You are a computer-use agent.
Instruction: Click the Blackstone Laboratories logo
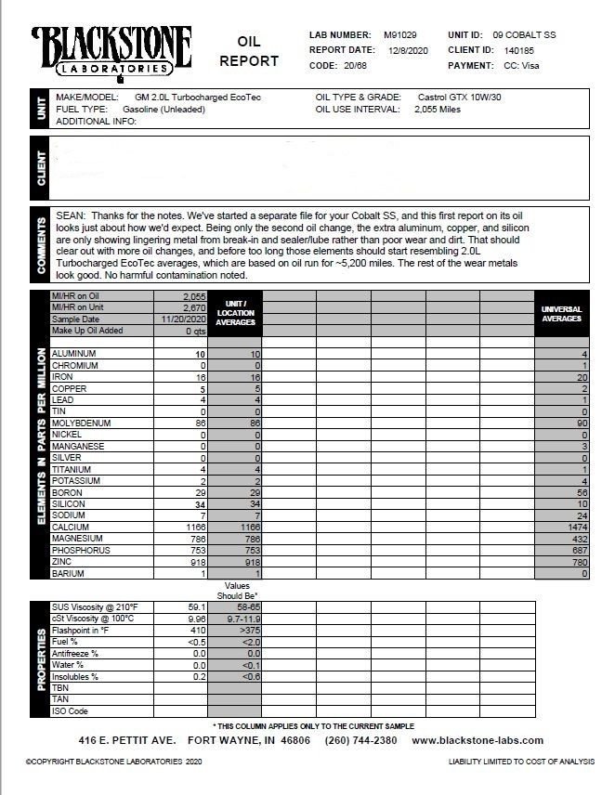111,50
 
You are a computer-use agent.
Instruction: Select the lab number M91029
400,34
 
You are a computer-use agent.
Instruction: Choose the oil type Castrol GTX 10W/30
460,97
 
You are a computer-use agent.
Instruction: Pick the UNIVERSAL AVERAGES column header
561,313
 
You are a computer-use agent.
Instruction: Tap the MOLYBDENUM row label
81,424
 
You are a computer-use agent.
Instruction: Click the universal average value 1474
577,527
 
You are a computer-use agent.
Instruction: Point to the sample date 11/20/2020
181,319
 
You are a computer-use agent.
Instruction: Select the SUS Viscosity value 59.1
195,606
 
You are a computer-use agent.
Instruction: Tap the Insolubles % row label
76,676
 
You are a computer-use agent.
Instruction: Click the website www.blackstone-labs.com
478,740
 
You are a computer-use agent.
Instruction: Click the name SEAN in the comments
72,215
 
